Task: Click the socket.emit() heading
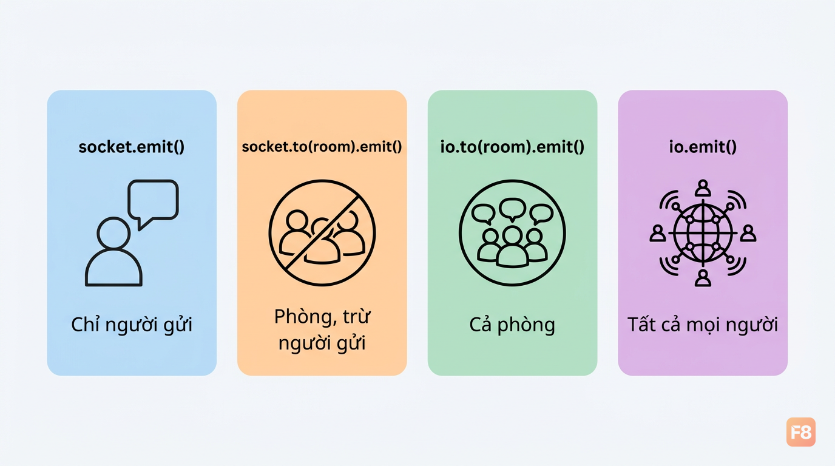pyautogui.click(x=132, y=146)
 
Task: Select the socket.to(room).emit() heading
pyautogui.click(x=322, y=146)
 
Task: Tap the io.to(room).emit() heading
pyautogui.click(x=512, y=146)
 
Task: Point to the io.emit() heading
pyautogui.click(x=703, y=146)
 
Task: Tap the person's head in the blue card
pyautogui.click(x=113, y=233)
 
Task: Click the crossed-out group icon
pyautogui.click(x=322, y=233)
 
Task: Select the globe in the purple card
pyautogui.click(x=703, y=233)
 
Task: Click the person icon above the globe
pyautogui.click(x=703, y=188)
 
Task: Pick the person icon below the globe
pyautogui.click(x=703, y=278)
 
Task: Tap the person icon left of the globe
pyautogui.click(x=658, y=234)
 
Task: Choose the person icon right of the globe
pyautogui.click(x=748, y=234)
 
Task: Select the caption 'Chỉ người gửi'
pyautogui.click(x=132, y=325)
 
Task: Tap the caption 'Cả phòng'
pyautogui.click(x=512, y=325)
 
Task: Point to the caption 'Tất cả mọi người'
pyautogui.click(x=703, y=325)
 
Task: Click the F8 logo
pyautogui.click(x=800, y=432)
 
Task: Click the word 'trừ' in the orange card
pyautogui.click(x=356, y=317)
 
